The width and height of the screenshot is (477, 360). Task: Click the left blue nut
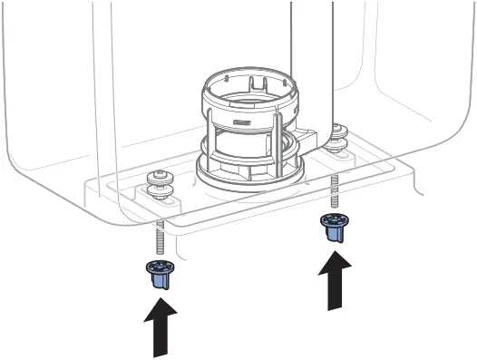159,275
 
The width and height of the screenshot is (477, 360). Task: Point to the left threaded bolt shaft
160,238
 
